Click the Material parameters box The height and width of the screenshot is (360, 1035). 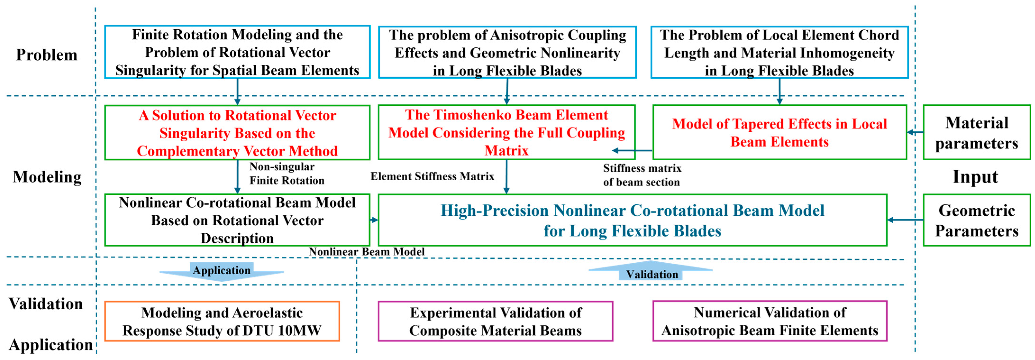(x=976, y=133)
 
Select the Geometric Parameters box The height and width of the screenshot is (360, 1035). (x=976, y=220)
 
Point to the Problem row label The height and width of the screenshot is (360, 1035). (x=47, y=55)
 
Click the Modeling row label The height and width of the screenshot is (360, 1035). (x=47, y=177)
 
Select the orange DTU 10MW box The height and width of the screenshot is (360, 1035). (x=222, y=321)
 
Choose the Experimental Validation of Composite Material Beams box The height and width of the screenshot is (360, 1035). (x=495, y=321)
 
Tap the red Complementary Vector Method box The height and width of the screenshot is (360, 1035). (x=237, y=133)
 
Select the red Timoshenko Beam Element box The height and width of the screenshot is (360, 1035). (x=506, y=133)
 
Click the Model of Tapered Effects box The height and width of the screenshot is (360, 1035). (x=780, y=133)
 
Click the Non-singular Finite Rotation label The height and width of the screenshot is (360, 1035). (x=286, y=174)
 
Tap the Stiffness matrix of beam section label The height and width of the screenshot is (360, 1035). (x=642, y=175)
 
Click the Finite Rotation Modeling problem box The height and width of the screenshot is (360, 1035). (x=237, y=52)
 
